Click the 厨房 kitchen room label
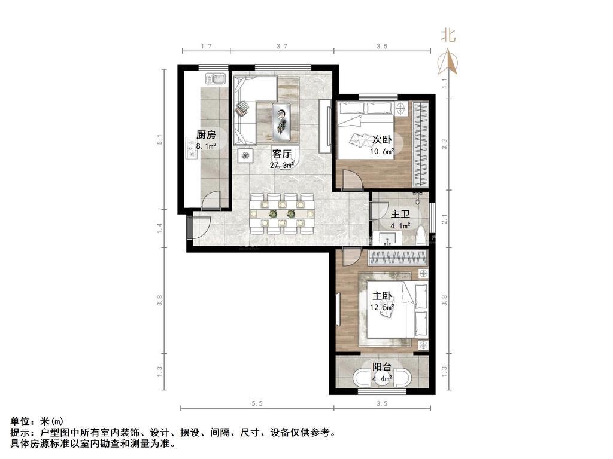(206, 135)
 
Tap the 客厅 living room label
(281, 154)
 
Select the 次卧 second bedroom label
(382, 140)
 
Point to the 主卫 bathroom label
(400, 215)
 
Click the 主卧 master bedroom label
(382, 296)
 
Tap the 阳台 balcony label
(382, 368)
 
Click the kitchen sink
(215, 79)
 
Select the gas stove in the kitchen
(192, 148)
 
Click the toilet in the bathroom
(421, 235)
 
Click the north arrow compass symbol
(448, 62)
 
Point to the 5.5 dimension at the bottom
(257, 403)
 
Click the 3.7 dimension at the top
(282, 46)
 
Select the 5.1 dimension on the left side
(159, 139)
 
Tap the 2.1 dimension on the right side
(444, 219)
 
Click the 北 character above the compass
(448, 35)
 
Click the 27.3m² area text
(281, 165)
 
